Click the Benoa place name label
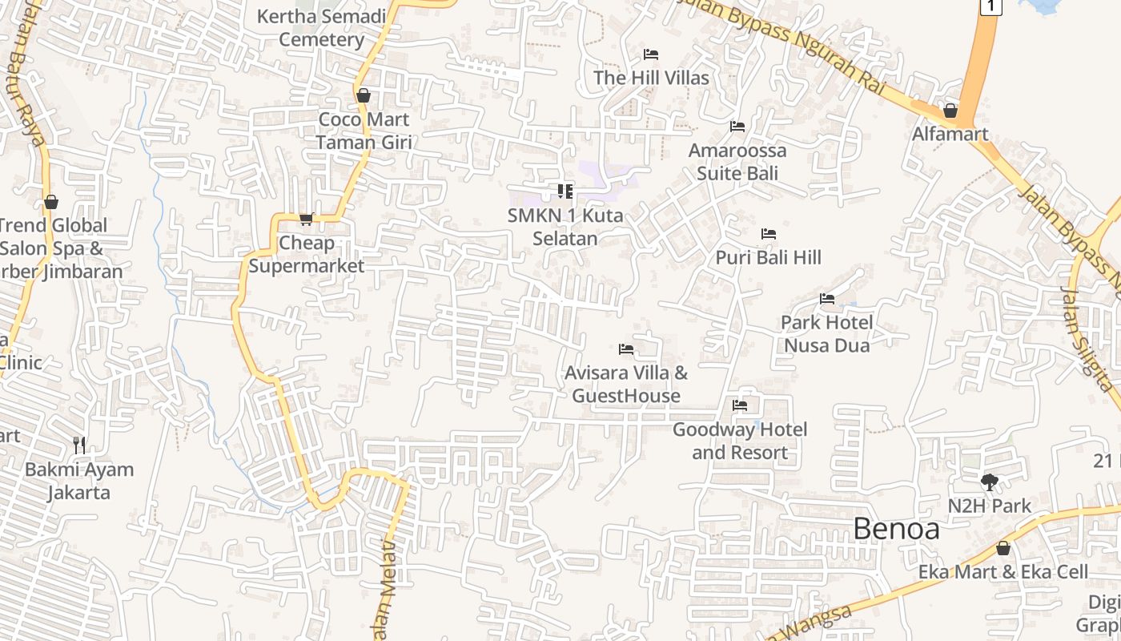click(896, 529)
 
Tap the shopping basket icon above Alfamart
click(950, 111)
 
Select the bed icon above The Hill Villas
click(651, 54)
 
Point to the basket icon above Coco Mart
click(364, 96)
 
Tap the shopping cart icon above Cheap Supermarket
click(306, 219)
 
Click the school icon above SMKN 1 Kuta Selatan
click(565, 191)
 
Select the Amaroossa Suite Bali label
click(737, 162)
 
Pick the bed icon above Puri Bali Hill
click(769, 234)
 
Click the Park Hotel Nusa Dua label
click(826, 333)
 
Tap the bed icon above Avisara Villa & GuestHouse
click(626, 349)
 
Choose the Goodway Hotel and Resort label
click(740, 441)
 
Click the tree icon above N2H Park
click(990, 482)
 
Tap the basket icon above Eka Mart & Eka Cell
click(1002, 549)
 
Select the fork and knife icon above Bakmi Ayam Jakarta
click(78, 445)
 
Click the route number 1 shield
click(990, 6)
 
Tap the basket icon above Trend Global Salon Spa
click(51, 202)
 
